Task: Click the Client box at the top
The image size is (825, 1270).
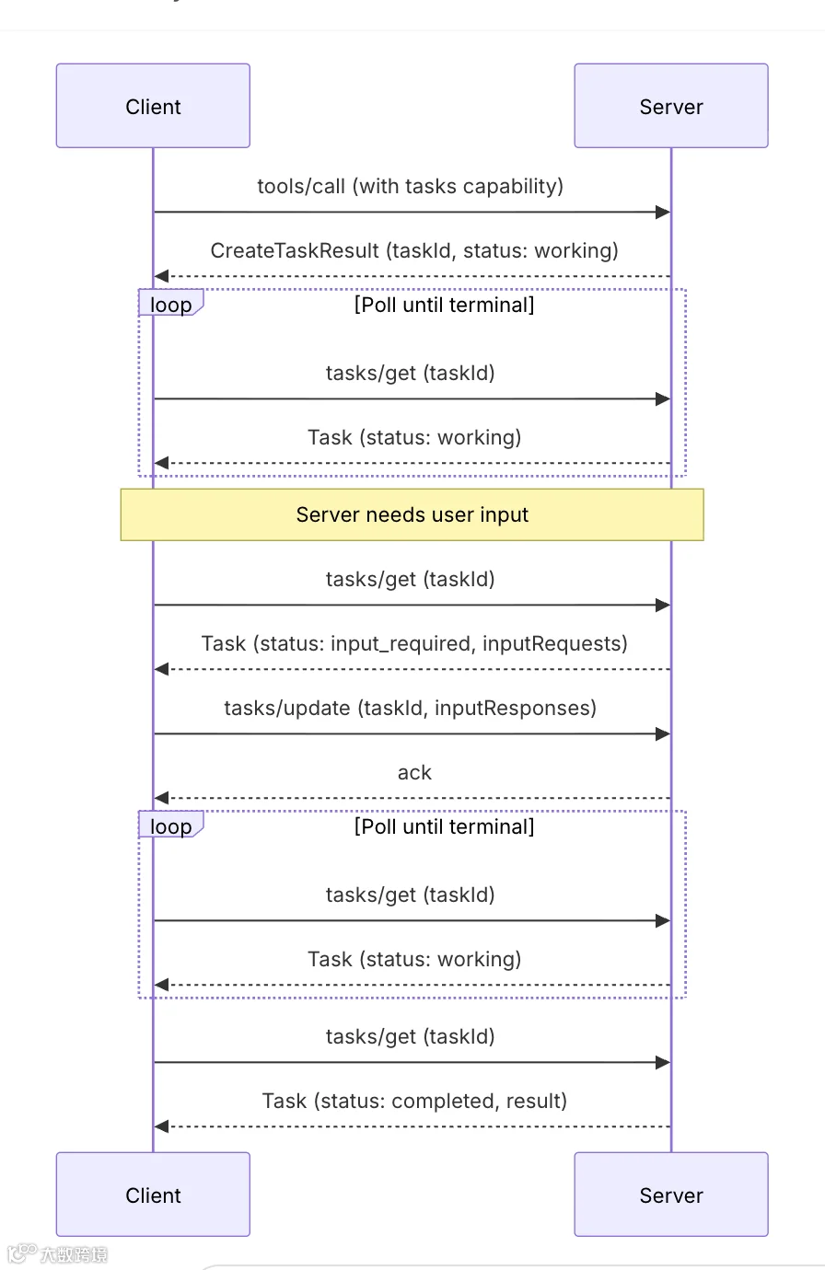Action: tap(153, 106)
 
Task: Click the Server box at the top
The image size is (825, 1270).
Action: tap(671, 106)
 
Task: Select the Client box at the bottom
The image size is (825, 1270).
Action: tap(153, 1195)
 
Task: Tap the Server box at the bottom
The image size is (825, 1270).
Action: tap(671, 1195)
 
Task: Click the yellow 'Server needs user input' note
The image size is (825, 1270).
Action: tap(412, 514)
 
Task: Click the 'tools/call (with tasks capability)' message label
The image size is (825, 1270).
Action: tap(411, 186)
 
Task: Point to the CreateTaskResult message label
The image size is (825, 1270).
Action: tap(414, 250)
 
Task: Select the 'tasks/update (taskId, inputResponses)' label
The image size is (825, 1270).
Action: tap(411, 708)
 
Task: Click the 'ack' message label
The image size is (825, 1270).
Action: tap(414, 773)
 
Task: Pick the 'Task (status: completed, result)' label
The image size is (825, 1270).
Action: tap(414, 1101)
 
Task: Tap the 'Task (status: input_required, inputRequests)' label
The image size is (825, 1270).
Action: tap(414, 644)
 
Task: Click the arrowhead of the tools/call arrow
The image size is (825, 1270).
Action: tap(663, 212)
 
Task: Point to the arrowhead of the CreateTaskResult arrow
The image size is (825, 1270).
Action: tap(162, 276)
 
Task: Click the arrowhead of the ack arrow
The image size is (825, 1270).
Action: tap(162, 798)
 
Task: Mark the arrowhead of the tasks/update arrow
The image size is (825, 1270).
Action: tap(663, 734)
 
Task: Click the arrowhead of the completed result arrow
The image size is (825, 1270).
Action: tap(162, 1126)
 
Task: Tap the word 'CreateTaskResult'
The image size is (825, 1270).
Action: tap(295, 250)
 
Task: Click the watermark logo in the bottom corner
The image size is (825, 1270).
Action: tap(57, 1253)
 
